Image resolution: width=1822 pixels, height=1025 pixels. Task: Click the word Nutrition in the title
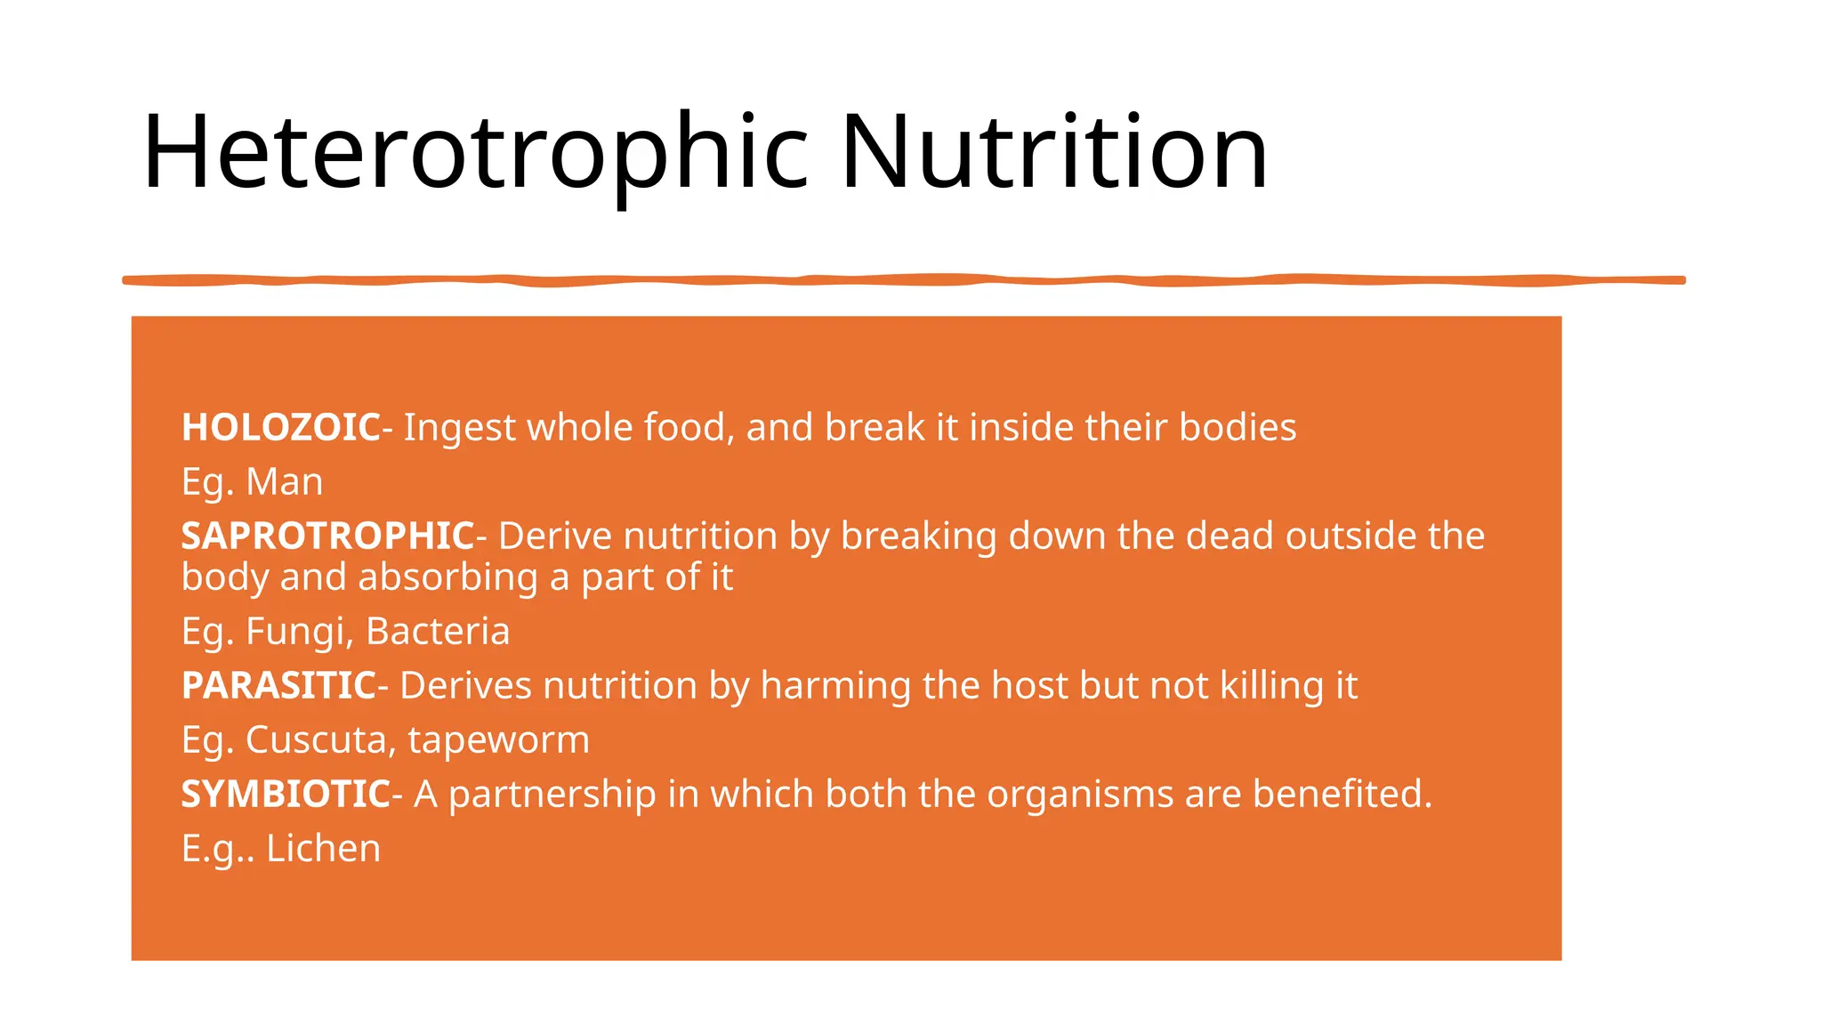(1053, 153)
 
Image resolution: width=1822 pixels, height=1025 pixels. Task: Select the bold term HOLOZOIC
(281, 428)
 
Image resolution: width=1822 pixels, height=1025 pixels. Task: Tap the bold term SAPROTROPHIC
(328, 537)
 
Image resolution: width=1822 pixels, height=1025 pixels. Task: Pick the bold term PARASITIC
(279, 686)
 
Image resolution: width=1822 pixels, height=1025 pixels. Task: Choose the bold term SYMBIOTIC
(286, 795)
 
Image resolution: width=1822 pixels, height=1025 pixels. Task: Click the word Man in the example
(284, 482)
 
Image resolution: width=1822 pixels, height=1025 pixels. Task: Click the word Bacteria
(438, 632)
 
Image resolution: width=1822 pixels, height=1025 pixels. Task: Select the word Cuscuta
(320, 740)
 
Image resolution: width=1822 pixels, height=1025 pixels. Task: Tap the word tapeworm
(498, 741)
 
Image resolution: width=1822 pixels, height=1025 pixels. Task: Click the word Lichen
(323, 849)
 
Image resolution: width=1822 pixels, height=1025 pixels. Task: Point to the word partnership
(552, 795)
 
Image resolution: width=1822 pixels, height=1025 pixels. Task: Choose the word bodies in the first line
(1238, 428)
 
